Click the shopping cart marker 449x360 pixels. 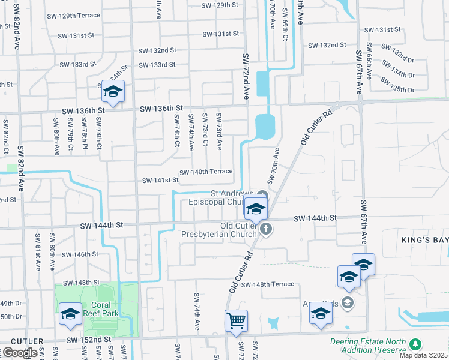coord(236,320)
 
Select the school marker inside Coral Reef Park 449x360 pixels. coord(70,314)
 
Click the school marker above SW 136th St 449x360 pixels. coord(112,91)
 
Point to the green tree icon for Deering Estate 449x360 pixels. coord(415,344)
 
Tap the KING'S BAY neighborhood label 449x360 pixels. coord(424,239)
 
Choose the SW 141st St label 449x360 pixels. coord(160,180)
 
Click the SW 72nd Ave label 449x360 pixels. coord(246,76)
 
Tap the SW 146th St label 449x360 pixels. coord(79,254)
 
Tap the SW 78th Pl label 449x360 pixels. coord(85,137)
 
